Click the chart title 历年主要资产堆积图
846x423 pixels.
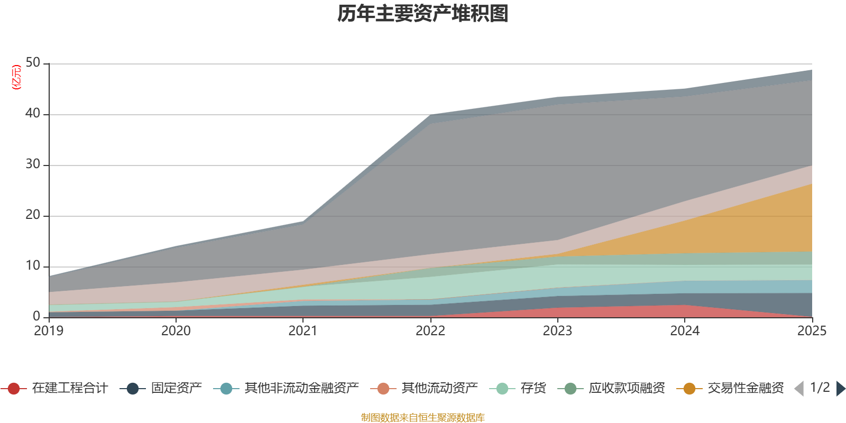(423, 14)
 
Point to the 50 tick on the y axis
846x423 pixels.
(33, 63)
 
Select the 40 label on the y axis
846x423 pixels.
(33, 113)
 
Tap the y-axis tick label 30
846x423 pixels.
(33, 164)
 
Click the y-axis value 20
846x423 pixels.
(33, 215)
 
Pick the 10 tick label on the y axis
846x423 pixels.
(33, 266)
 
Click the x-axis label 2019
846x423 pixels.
(49, 331)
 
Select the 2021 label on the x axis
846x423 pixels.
(303, 331)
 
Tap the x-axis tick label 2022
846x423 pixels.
(430, 331)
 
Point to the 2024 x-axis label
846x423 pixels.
(685, 331)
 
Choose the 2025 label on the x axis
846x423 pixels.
(811, 331)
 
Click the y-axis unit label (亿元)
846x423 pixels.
(16, 77)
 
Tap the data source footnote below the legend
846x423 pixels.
(423, 418)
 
